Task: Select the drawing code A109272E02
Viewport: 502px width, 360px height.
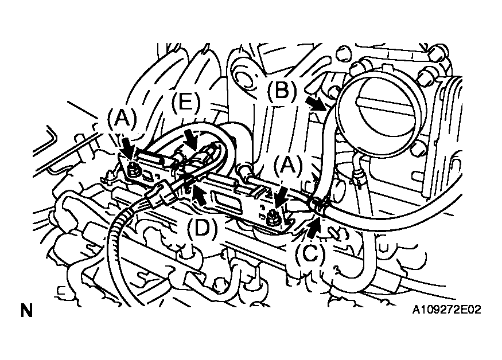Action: [446, 310]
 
